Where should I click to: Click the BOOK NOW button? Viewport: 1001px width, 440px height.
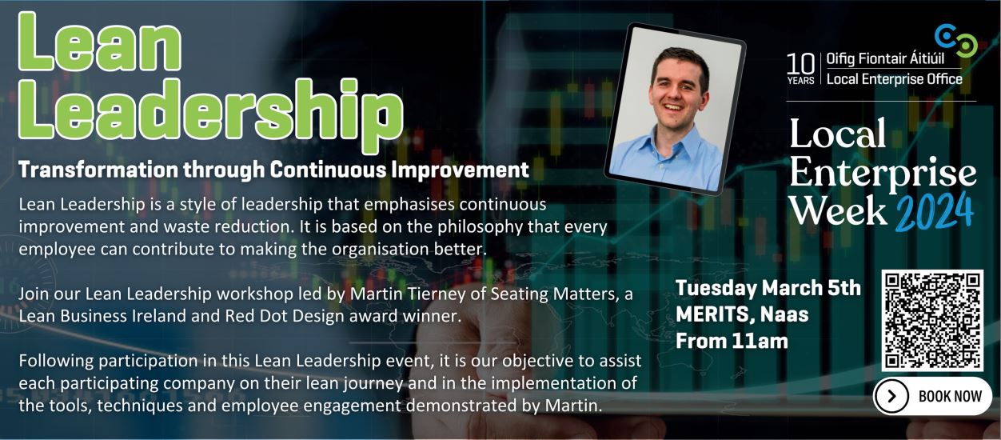click(x=932, y=396)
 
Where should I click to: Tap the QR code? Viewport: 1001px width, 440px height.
click(x=932, y=320)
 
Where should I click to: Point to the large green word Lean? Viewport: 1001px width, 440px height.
click(x=100, y=42)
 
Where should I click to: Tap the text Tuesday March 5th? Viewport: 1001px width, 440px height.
click(x=768, y=287)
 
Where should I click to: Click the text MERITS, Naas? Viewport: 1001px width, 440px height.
click(x=742, y=314)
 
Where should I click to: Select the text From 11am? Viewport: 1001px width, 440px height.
click(x=732, y=341)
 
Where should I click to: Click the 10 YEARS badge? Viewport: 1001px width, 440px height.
click(x=800, y=69)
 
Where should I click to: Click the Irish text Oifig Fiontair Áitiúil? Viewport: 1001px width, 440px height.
click(x=885, y=59)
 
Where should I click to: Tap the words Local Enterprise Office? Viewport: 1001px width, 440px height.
click(x=894, y=79)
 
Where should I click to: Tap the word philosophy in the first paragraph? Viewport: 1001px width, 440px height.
click(x=480, y=227)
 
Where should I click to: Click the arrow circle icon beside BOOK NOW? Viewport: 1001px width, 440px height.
click(x=892, y=396)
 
